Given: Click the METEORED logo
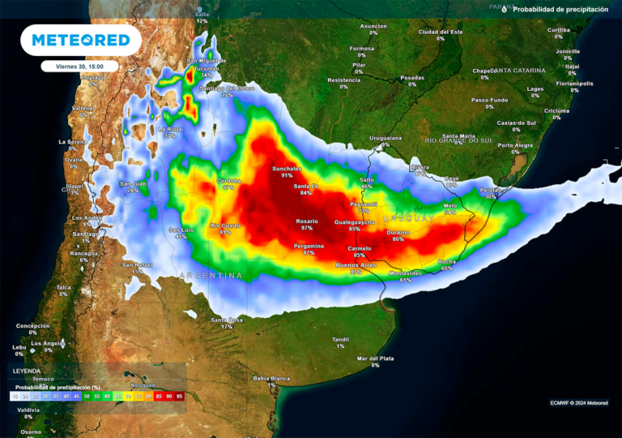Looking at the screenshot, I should pyautogui.click(x=81, y=40).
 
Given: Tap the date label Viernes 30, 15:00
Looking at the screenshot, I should pyautogui.click(x=79, y=67).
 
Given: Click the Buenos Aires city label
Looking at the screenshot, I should pyautogui.click(x=356, y=265).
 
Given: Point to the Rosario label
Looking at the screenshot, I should pyautogui.click(x=307, y=221).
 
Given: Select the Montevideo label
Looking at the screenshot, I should pyautogui.click(x=405, y=273).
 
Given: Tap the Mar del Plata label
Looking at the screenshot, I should pyautogui.click(x=376, y=358).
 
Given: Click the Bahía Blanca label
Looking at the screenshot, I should pyautogui.click(x=271, y=378).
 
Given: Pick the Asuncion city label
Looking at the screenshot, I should pyautogui.click(x=373, y=26).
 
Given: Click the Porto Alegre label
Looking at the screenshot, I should pyautogui.click(x=515, y=145).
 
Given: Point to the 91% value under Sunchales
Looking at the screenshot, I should pyautogui.click(x=287, y=175).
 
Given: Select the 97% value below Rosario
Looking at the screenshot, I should pyautogui.click(x=307, y=228).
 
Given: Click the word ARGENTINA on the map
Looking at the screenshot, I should pyautogui.click(x=211, y=276).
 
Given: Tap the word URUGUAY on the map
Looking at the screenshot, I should pyautogui.click(x=409, y=219).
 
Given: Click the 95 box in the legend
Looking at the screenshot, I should pyautogui.click(x=179, y=397).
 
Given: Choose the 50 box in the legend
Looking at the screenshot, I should pyautogui.click(x=86, y=397).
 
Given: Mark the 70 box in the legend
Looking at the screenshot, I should pyautogui.click(x=127, y=397).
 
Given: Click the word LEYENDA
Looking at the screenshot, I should pyautogui.click(x=25, y=371).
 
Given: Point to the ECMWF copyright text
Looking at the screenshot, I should pyautogui.click(x=578, y=402).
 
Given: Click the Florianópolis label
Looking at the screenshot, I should pyautogui.click(x=574, y=84).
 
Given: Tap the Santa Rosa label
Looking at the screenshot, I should pyautogui.click(x=227, y=320).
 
